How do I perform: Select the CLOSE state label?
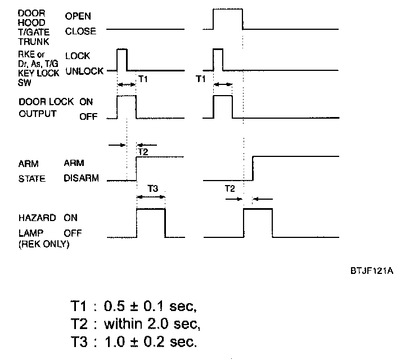80,32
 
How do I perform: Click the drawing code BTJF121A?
371,271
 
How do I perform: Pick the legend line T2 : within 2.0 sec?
136,324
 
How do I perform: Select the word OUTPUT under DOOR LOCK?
38,114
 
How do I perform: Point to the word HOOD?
31,22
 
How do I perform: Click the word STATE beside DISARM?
33,179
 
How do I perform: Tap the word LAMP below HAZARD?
31,232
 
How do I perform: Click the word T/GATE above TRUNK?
34,32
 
